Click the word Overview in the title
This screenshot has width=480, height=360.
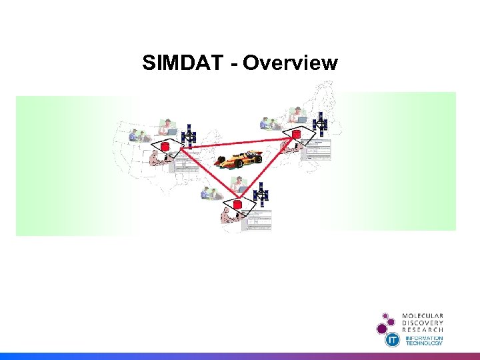pos(291,63)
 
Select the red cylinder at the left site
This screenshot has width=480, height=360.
pos(165,146)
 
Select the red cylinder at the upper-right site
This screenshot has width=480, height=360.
pos(296,135)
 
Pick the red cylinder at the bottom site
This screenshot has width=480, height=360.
pos(236,204)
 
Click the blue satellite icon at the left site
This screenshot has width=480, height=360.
pos(189,136)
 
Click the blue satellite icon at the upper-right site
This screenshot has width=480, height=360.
pos(321,124)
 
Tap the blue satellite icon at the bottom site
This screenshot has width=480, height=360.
pos(261,194)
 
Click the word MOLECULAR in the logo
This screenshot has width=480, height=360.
pos(423,316)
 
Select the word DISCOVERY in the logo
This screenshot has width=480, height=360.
pos(423,323)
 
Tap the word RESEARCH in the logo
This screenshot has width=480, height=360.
pos(423,330)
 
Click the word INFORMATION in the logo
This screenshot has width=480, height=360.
pos(425,338)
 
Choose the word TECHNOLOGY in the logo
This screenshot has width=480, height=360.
pos(425,343)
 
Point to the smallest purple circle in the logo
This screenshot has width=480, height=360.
pos(385,315)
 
